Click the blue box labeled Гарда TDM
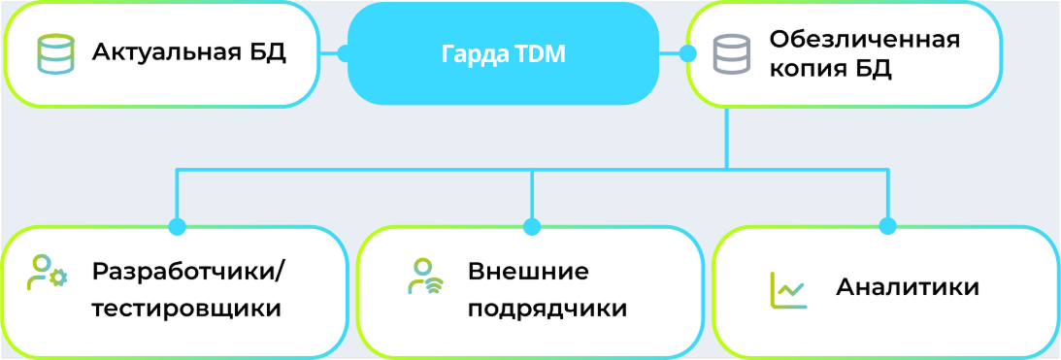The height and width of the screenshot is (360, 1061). (503, 53)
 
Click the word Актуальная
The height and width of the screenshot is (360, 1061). (164, 52)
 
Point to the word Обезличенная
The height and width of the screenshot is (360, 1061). (865, 39)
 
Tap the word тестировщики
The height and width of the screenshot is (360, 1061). (186, 310)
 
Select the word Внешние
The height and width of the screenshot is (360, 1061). (528, 273)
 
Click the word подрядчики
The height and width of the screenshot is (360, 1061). (547, 310)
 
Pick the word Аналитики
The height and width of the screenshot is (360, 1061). (908, 287)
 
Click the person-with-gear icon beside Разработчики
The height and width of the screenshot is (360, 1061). (47, 273)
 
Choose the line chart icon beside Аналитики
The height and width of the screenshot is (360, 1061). (788, 289)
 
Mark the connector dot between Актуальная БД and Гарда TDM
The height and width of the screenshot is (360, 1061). (345, 53)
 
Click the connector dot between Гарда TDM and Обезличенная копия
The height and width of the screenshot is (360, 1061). (687, 53)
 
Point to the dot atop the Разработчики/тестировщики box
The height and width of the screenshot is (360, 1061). (178, 227)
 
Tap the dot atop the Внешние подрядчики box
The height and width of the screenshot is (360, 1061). (532, 227)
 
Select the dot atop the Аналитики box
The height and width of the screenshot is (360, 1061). (887, 227)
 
